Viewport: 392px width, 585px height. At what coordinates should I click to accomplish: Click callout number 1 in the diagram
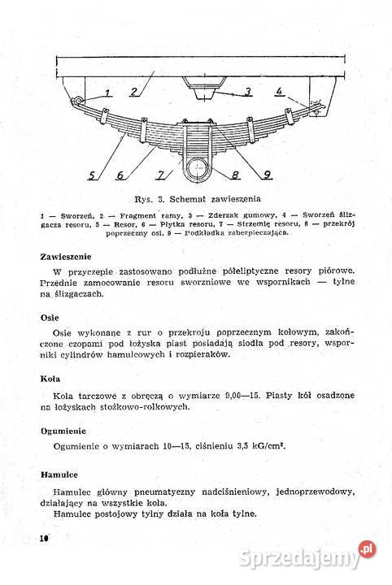tap(107, 80)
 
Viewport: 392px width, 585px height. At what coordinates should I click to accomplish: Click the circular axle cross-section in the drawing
tap(194, 170)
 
